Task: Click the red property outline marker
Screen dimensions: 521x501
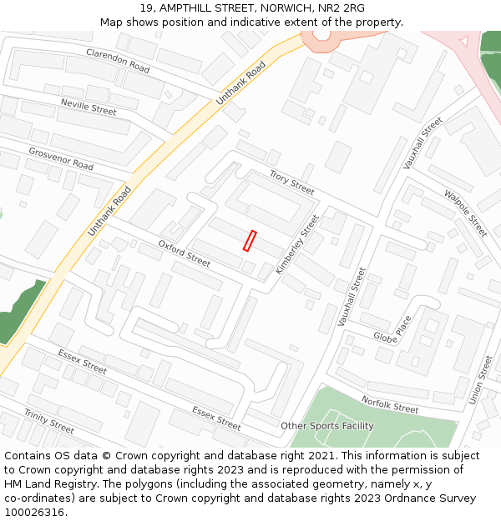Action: point(249,241)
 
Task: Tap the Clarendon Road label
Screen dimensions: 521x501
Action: point(118,61)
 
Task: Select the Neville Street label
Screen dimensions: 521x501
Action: point(89,106)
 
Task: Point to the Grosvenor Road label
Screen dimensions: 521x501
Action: point(61,158)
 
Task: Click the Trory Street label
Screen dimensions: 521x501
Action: point(291,183)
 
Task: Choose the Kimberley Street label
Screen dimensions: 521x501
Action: point(297,245)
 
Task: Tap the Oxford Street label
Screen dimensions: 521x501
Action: point(184,253)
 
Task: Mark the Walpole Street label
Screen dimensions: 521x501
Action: point(465,213)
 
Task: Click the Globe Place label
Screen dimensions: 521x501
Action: point(392,327)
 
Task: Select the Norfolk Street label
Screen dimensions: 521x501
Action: point(390,404)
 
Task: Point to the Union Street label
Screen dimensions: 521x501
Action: point(481,380)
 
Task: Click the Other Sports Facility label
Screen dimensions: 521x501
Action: point(326,426)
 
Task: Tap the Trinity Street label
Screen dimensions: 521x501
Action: point(48,422)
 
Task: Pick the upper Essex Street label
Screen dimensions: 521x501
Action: point(82,361)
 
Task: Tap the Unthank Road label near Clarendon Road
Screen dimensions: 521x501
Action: point(240,82)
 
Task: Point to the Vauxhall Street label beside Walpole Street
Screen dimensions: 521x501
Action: point(423,143)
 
